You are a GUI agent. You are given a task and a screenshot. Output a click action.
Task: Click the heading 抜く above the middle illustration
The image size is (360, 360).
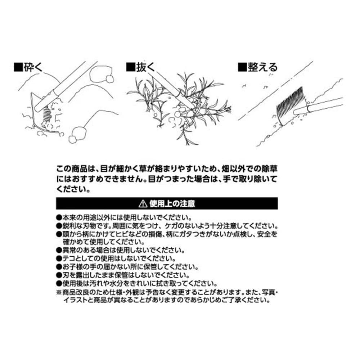[145, 67]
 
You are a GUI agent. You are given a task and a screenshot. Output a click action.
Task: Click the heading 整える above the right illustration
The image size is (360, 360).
[262, 67]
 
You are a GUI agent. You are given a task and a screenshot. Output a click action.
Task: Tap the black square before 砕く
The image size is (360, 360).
[18, 67]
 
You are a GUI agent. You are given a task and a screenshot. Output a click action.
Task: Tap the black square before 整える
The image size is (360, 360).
[242, 67]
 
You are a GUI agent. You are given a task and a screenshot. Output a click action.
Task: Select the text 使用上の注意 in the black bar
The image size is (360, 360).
[172, 204]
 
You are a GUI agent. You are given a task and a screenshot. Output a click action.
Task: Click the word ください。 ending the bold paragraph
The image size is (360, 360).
[72, 189]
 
